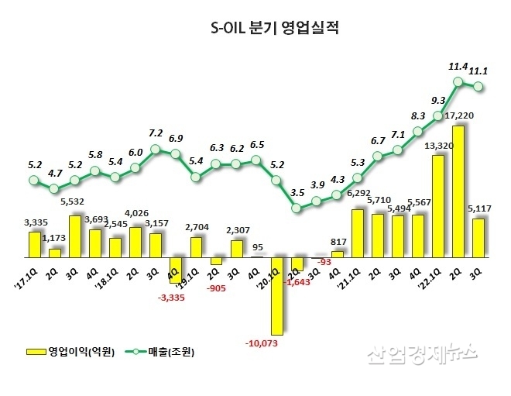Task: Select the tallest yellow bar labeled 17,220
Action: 458,190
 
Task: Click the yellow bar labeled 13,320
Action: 437,205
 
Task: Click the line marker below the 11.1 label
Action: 478,86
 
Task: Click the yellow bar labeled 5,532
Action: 75,236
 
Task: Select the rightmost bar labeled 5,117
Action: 478,237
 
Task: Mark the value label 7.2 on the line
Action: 156,133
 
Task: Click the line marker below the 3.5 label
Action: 297,207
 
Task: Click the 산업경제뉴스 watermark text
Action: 421,353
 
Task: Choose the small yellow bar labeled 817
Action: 337,253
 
